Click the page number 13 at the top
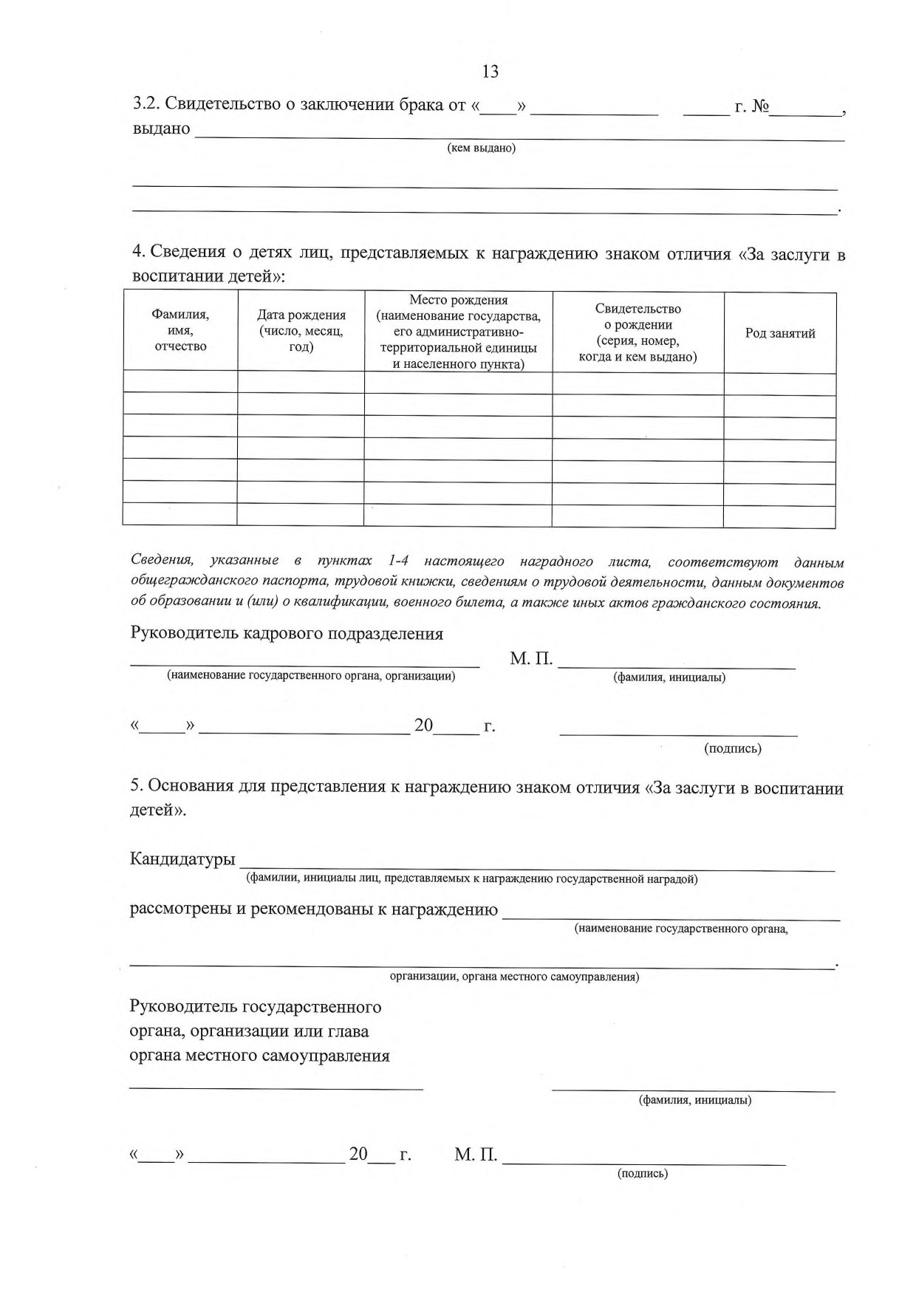[490, 72]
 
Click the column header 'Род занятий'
[780, 333]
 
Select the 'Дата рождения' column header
[301, 331]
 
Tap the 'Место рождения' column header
[458, 332]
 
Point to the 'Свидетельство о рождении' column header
[638, 332]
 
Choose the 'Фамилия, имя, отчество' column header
[180, 330]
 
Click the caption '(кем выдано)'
[482, 148]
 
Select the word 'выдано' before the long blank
[161, 129]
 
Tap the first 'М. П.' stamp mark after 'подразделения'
[531, 659]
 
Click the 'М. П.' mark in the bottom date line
[476, 1154]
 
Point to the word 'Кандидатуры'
[182, 859]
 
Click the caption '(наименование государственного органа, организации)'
[310, 675]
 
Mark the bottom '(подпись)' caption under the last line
[642, 1173]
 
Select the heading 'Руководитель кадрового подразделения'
[287, 633]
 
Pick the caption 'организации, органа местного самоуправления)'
[514, 977]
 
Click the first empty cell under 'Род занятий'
[779, 383]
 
